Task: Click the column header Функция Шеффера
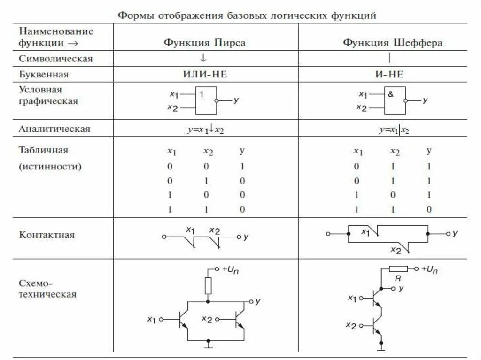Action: click(x=392, y=43)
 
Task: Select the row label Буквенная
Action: click(x=44, y=74)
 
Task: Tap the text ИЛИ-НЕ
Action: click(x=205, y=74)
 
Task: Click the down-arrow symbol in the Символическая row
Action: click(x=203, y=58)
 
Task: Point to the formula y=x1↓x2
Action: click(x=205, y=129)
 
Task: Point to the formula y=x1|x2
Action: click(x=395, y=129)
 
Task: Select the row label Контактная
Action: click(x=47, y=235)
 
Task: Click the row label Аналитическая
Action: click(x=54, y=129)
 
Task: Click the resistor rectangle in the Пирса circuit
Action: click(x=208, y=285)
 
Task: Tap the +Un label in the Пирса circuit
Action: click(x=232, y=269)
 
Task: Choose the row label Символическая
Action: click(x=56, y=59)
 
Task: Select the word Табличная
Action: click(x=44, y=151)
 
